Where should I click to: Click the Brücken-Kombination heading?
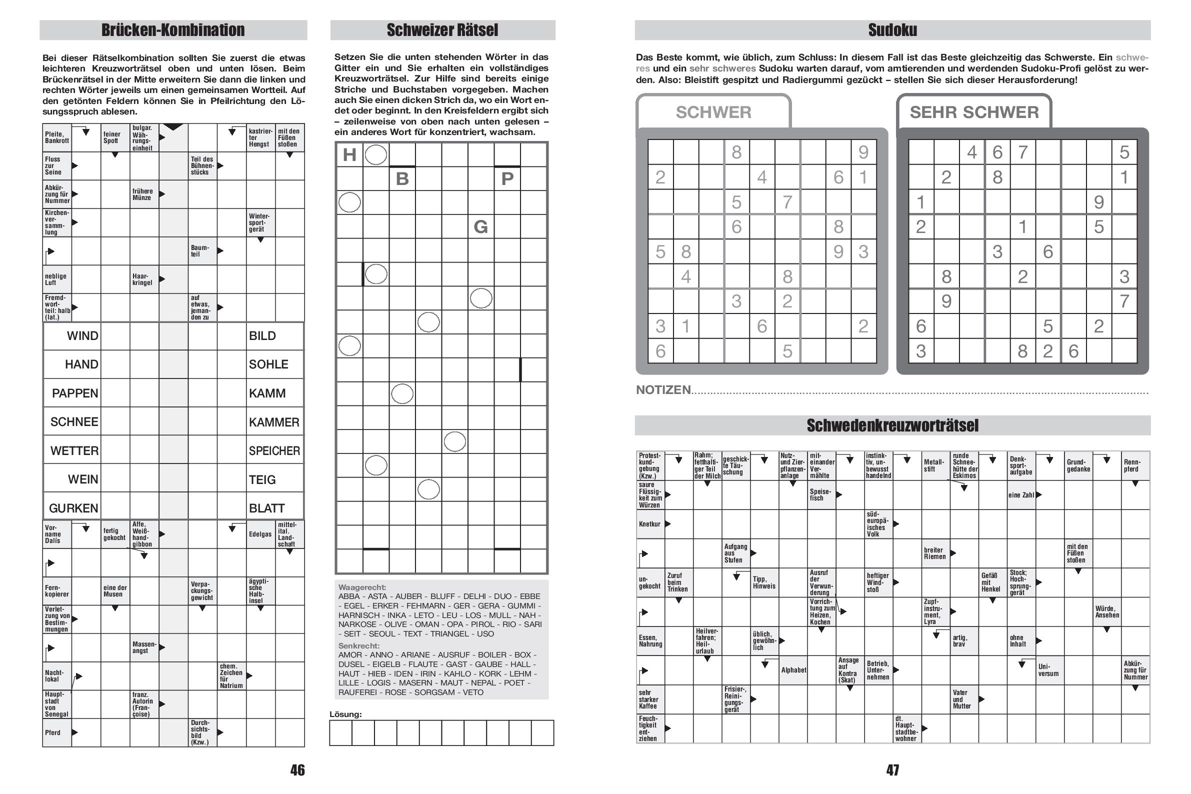(x=172, y=30)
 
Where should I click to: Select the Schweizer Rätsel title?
(x=442, y=30)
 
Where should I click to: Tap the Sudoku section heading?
(x=892, y=30)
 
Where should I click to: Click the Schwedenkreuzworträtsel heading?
(x=892, y=425)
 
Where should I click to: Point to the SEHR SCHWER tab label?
(x=974, y=112)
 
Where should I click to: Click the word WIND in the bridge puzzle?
(x=82, y=335)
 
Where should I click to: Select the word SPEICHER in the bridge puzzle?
(x=274, y=450)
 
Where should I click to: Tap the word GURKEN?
(x=73, y=508)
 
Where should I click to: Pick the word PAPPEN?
(x=75, y=393)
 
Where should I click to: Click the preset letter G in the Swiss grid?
(x=480, y=226)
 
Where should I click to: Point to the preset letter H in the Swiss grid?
(x=349, y=154)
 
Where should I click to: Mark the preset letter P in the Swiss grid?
(x=507, y=179)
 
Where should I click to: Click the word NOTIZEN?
(x=663, y=389)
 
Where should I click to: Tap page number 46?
(x=297, y=769)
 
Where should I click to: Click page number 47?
(x=892, y=769)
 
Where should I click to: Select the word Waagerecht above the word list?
(x=362, y=587)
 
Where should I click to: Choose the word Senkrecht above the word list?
(x=358, y=645)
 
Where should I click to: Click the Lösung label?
(x=345, y=714)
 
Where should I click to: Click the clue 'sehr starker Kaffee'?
(x=648, y=699)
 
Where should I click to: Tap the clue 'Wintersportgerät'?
(x=260, y=223)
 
